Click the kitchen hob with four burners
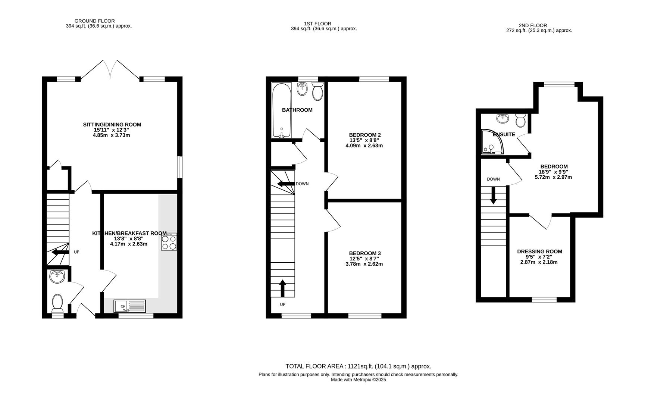click(169, 241)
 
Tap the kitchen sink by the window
click(130, 306)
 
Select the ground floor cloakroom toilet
click(57, 303)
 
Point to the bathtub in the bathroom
click(281, 110)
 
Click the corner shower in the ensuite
click(492, 142)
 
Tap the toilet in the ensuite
click(521, 120)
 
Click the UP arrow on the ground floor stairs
click(60, 252)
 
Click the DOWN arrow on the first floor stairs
click(285, 184)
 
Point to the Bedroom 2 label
click(364, 135)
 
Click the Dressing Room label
click(539, 252)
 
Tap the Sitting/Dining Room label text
click(112, 125)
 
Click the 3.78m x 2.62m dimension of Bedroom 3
click(364, 264)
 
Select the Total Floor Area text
click(358, 366)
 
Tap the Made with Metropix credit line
click(358, 380)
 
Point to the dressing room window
click(544, 299)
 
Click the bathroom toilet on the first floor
click(317, 91)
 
